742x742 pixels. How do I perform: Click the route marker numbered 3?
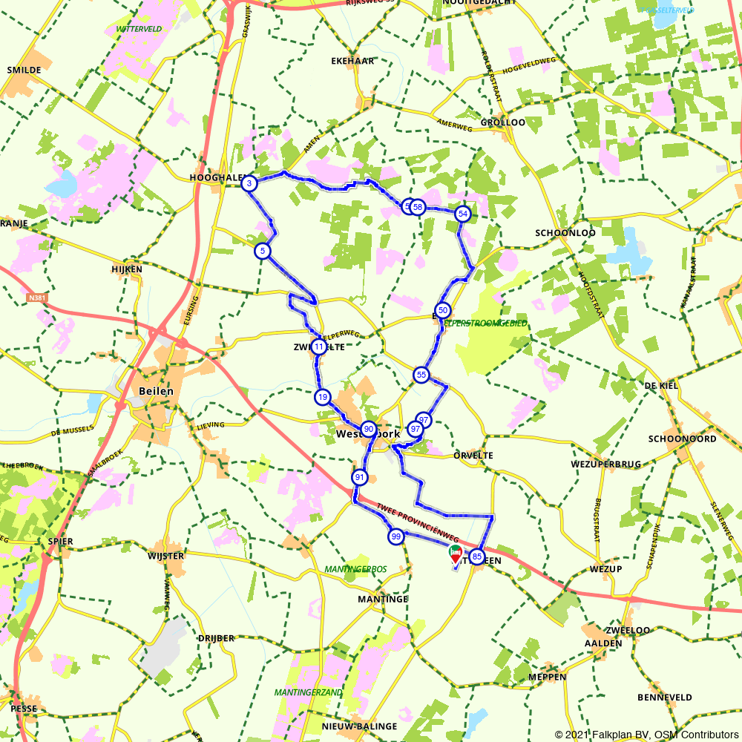pyautogui.click(x=250, y=183)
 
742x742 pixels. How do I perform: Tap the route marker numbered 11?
pyautogui.click(x=319, y=347)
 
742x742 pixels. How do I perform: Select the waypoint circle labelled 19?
pyautogui.click(x=321, y=397)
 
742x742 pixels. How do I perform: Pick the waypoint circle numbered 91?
pyautogui.click(x=360, y=477)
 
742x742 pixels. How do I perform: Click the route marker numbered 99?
pyautogui.click(x=395, y=536)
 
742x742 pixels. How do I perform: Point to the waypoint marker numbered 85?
pyautogui.click(x=477, y=556)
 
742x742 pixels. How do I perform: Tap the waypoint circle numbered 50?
pyautogui.click(x=443, y=310)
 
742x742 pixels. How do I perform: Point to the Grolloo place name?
pyautogui.click(x=502, y=122)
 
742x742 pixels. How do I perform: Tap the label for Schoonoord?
pyautogui.click(x=682, y=439)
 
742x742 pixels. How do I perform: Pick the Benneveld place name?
pyautogui.click(x=664, y=697)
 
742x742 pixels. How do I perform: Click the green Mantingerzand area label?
pyautogui.click(x=309, y=692)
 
